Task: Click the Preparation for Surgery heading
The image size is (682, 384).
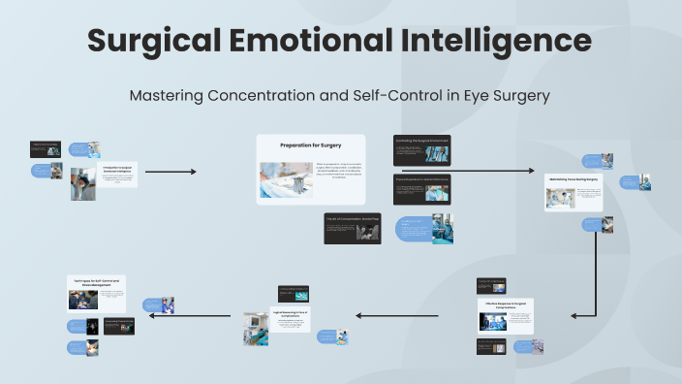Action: (310, 144)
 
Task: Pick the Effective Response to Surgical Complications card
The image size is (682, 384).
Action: (505, 316)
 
